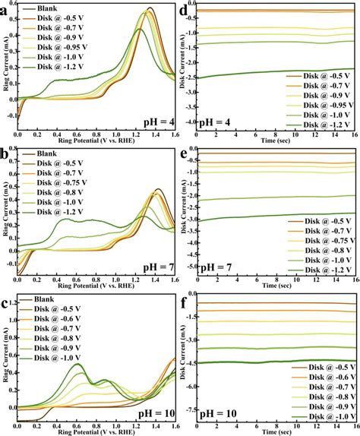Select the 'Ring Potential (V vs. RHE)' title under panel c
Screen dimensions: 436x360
(x=96, y=431)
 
